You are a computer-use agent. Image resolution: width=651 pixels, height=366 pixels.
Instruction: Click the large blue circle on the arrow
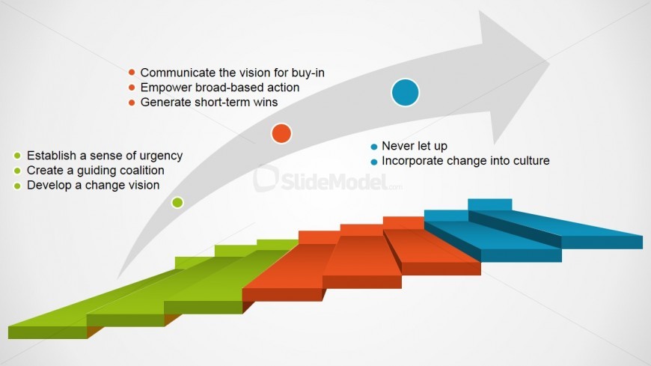click(x=406, y=92)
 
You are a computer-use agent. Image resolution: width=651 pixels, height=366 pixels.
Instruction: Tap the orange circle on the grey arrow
click(x=281, y=133)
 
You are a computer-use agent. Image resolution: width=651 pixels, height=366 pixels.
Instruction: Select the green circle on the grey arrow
click(x=177, y=202)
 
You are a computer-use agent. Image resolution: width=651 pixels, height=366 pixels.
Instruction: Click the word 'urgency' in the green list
click(x=161, y=156)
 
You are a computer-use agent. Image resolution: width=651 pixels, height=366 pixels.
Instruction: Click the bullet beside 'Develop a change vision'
click(x=17, y=186)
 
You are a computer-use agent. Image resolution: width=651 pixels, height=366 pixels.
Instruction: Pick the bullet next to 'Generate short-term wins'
click(x=132, y=103)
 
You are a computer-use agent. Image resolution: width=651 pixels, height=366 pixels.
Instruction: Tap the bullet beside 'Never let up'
click(x=373, y=147)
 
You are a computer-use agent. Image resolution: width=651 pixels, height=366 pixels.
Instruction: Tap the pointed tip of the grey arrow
click(x=549, y=63)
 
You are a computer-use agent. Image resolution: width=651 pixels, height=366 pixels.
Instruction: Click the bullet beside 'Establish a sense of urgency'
click(x=17, y=156)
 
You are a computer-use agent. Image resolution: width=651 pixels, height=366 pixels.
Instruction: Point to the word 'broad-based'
click(x=230, y=88)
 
